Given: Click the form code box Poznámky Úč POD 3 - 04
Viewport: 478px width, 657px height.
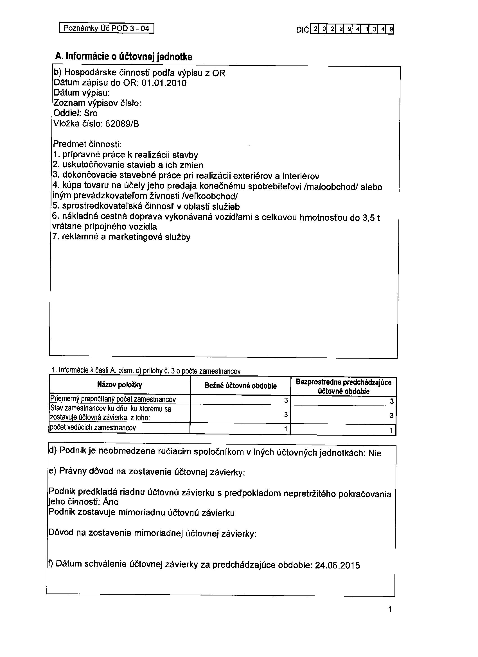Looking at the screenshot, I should click(x=106, y=28).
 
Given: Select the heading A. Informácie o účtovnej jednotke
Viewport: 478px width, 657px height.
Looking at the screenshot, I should click(x=123, y=56).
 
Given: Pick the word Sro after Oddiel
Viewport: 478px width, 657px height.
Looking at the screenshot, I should click(x=91, y=113).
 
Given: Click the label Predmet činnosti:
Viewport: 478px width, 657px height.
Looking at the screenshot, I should click(x=87, y=144).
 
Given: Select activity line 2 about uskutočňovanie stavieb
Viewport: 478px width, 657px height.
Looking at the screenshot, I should click(x=128, y=165).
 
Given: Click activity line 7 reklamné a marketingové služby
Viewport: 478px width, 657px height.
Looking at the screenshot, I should click(x=121, y=237).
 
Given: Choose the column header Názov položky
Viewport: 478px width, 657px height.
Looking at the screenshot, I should click(x=120, y=385).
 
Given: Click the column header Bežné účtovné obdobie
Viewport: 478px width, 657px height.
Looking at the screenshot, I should click(x=241, y=386).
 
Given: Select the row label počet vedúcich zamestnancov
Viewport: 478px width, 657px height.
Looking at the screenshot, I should click(x=93, y=428).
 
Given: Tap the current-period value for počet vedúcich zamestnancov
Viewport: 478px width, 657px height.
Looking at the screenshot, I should click(x=285, y=429).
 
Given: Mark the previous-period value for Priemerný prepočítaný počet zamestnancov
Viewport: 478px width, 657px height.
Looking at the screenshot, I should click(x=392, y=401).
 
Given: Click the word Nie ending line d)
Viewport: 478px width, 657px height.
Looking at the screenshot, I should click(x=375, y=453).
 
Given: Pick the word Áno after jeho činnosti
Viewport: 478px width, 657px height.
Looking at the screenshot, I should click(x=111, y=502).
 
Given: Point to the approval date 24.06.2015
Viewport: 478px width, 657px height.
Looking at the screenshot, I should click(x=337, y=565).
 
